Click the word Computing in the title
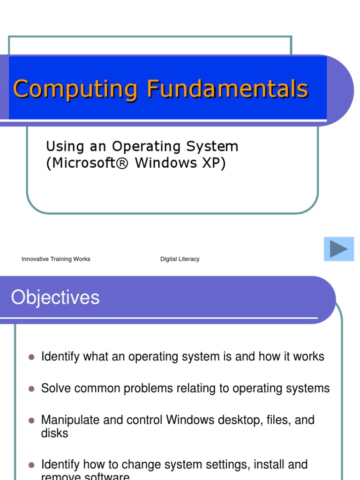click(x=75, y=89)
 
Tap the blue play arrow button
click(x=339, y=249)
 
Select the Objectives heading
click(x=55, y=298)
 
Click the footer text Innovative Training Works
click(x=56, y=259)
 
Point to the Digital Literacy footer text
click(x=180, y=259)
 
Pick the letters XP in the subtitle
click(x=214, y=164)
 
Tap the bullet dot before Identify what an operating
click(x=32, y=357)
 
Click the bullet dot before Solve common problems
click(x=32, y=389)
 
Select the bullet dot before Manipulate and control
click(x=32, y=420)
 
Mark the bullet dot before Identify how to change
click(x=32, y=465)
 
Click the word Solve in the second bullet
click(x=53, y=389)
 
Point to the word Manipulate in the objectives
click(x=70, y=420)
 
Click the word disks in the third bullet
click(x=54, y=433)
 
